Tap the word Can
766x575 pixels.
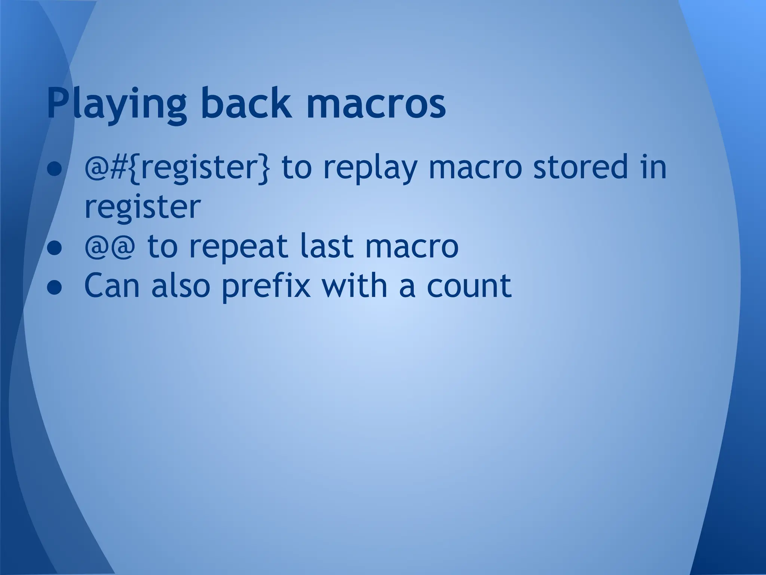tap(113, 285)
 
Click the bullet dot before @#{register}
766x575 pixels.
tap(54, 169)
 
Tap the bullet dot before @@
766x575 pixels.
tap(54, 249)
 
